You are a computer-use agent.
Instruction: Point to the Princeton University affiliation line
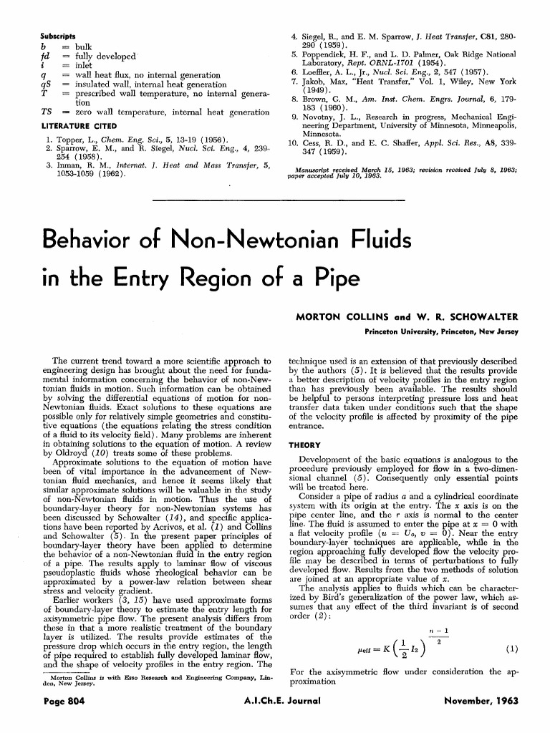tap(441, 331)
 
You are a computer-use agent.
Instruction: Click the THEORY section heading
tap(304, 444)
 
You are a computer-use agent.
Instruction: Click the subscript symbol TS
tap(47, 112)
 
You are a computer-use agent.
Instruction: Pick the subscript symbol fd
tap(46, 56)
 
